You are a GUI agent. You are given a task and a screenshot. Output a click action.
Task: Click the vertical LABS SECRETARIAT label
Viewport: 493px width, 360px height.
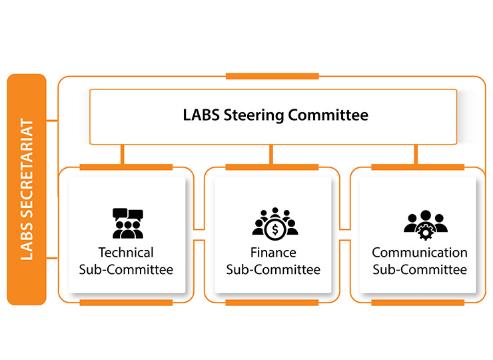pos(27,189)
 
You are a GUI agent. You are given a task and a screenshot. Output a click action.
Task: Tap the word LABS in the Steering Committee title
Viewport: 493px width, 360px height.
pos(199,115)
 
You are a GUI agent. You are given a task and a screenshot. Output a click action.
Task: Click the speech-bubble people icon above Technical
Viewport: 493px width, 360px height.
pos(127,224)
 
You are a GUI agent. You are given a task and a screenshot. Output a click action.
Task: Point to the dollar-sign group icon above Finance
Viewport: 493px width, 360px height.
pos(274,224)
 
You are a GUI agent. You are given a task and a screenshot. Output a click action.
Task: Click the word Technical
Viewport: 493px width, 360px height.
pos(126,253)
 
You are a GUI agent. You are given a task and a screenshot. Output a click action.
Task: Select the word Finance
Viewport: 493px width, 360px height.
pos(273,253)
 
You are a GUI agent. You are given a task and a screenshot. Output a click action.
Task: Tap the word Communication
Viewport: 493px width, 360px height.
pos(420,253)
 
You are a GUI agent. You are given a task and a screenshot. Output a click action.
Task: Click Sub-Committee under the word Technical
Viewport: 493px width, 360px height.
pos(126,270)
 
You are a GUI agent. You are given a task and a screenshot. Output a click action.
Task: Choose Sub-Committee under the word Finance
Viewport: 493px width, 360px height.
pos(273,270)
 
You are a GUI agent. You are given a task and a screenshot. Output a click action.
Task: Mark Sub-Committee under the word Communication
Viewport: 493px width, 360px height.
pos(420,270)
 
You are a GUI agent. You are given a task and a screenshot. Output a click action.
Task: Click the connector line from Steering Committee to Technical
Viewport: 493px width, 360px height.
pos(122,155)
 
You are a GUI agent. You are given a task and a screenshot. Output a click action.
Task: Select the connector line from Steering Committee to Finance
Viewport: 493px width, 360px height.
pos(270,155)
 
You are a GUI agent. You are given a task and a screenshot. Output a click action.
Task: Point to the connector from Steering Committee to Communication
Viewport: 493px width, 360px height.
pos(416,155)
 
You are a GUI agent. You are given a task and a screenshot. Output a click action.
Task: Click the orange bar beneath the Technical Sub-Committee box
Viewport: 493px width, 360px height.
pos(126,303)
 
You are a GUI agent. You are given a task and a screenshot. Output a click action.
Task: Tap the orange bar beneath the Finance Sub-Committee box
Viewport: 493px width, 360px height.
pos(272,303)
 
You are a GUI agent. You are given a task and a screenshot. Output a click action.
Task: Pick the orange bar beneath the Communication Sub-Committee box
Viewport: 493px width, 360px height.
pos(418,303)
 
